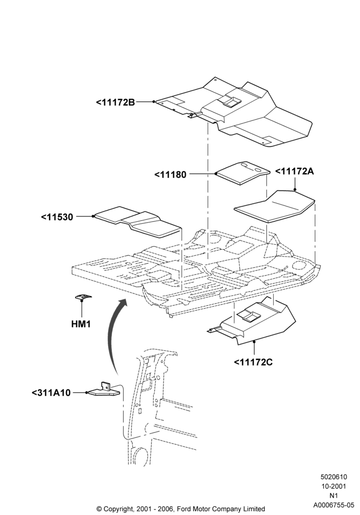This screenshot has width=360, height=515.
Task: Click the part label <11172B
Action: point(115,102)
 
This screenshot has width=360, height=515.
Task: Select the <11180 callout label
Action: point(170,174)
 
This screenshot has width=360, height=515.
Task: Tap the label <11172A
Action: point(294,172)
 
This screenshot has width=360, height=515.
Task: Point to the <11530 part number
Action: point(57,217)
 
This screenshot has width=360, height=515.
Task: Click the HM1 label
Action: point(81,324)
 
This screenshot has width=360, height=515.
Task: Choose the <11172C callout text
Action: point(253,362)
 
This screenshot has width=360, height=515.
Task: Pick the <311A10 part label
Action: point(51,393)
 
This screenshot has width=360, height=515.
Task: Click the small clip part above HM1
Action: point(83,297)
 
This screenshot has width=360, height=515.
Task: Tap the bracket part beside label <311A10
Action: point(105,390)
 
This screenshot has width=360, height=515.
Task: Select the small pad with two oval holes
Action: point(244,173)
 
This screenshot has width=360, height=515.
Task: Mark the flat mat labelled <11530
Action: point(138,222)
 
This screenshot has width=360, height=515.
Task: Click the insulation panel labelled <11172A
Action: point(275,206)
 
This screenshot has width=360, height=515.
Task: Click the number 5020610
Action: point(334,477)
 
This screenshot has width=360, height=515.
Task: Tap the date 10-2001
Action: point(334,486)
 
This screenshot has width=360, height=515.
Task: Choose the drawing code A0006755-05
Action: point(334,505)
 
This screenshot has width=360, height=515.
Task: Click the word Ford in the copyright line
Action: point(185,509)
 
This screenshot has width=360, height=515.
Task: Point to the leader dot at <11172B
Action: point(154,102)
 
